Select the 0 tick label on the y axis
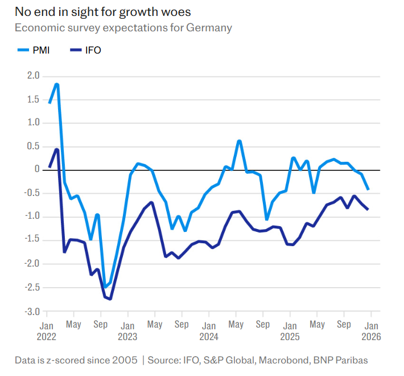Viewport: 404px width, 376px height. tap(37, 169)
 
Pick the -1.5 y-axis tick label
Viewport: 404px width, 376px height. tap(32, 240)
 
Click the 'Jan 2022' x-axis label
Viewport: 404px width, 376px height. tap(46, 330)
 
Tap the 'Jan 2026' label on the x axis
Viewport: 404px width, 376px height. tap(372, 330)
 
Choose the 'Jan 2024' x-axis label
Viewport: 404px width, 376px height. tap(209, 330)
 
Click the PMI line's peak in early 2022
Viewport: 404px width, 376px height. tap(57, 84)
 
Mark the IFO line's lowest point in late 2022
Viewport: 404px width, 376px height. tap(110, 299)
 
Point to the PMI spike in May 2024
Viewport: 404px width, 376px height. tap(240, 140)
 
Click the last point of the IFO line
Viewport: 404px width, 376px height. tap(367, 209)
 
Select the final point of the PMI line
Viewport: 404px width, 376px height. tap(368, 189)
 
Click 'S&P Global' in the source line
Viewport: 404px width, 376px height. tap(221, 360)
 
